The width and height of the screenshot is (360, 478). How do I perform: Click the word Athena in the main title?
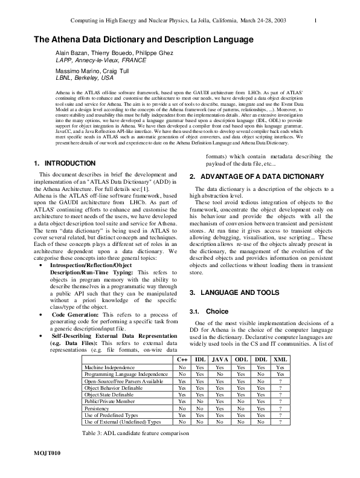point(66,40)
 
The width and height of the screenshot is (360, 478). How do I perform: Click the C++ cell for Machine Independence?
point(181,367)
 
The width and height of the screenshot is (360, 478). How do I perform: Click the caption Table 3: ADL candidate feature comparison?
point(135,433)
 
